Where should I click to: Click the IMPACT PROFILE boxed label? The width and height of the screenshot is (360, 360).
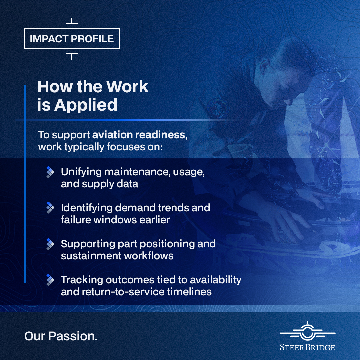72,39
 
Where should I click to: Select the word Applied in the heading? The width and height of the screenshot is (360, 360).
86,105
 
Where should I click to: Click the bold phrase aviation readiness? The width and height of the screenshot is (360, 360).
140,135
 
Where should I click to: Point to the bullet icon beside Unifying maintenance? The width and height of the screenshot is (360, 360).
50,172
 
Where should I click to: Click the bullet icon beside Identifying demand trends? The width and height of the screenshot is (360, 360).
50,208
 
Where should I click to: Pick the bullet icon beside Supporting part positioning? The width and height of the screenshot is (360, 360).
50,244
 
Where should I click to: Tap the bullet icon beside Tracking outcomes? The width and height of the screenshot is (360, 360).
50,280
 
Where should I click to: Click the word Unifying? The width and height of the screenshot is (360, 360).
81,172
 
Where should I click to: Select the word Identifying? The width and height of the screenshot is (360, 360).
87,208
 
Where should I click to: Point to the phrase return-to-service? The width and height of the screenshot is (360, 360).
123,292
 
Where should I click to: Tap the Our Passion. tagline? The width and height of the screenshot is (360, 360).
61,336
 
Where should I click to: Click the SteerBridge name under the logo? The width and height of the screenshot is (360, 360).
307,347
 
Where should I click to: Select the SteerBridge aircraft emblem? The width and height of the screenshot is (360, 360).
307,331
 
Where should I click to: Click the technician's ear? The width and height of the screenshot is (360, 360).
264,67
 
